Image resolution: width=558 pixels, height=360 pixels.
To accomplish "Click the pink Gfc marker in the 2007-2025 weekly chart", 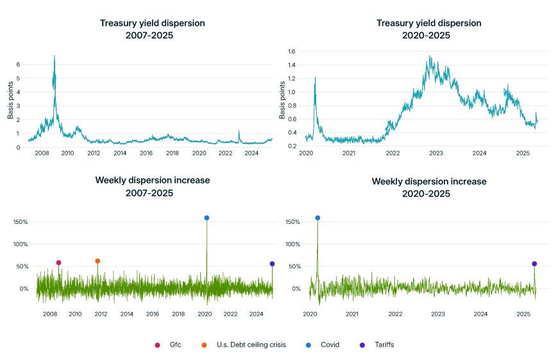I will tap(58, 262).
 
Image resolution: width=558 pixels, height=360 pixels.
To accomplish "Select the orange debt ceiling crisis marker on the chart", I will tap(97, 261).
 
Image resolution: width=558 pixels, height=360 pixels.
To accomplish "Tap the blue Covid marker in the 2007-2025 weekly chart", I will tap(207, 218).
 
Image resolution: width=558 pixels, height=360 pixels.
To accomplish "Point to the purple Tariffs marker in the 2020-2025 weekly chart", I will tap(534, 264).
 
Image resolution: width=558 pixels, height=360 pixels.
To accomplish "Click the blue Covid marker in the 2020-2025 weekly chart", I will tap(317, 218).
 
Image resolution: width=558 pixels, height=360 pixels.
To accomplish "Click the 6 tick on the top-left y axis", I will tap(19, 64).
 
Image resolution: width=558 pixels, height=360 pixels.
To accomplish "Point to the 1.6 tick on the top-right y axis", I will tap(291, 51).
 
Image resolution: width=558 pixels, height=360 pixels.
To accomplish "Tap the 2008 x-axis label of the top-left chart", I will tap(41, 153).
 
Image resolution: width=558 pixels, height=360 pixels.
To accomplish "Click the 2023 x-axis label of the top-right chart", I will tap(436, 153).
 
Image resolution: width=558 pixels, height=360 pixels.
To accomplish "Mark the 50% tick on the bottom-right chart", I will tap(293, 266).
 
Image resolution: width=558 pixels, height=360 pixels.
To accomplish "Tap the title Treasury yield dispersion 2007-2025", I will tap(153, 29).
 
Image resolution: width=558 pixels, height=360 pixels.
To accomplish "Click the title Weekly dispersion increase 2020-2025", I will tap(429, 187).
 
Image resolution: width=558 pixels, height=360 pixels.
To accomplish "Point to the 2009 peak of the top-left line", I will tap(55, 56).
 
